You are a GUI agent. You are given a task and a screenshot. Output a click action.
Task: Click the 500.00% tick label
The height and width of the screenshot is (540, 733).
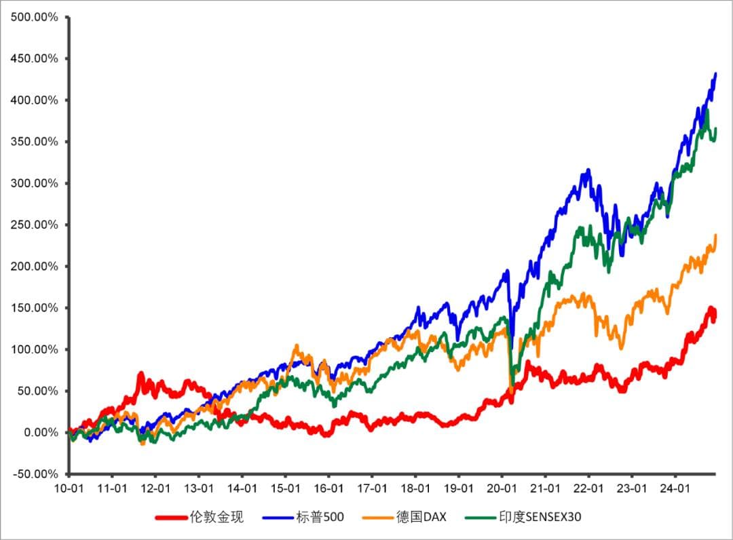tap(35, 17)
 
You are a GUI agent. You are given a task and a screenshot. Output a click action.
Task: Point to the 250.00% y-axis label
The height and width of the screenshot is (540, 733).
tap(35, 225)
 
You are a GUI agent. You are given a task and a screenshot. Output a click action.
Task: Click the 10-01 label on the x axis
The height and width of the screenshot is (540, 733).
tap(69, 488)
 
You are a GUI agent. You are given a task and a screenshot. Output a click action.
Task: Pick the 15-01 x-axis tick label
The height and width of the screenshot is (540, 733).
tap(285, 488)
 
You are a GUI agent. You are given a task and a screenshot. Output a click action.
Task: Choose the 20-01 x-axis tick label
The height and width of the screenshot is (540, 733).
tap(501, 488)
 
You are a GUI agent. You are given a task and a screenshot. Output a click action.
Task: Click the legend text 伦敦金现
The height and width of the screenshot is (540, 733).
tap(217, 518)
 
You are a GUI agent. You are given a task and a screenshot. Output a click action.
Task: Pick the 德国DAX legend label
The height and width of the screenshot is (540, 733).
tap(421, 518)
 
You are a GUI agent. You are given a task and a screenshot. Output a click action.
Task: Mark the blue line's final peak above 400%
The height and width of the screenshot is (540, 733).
tap(715, 74)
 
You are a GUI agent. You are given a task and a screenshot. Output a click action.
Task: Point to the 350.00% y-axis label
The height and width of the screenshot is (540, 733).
tap(35, 142)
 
